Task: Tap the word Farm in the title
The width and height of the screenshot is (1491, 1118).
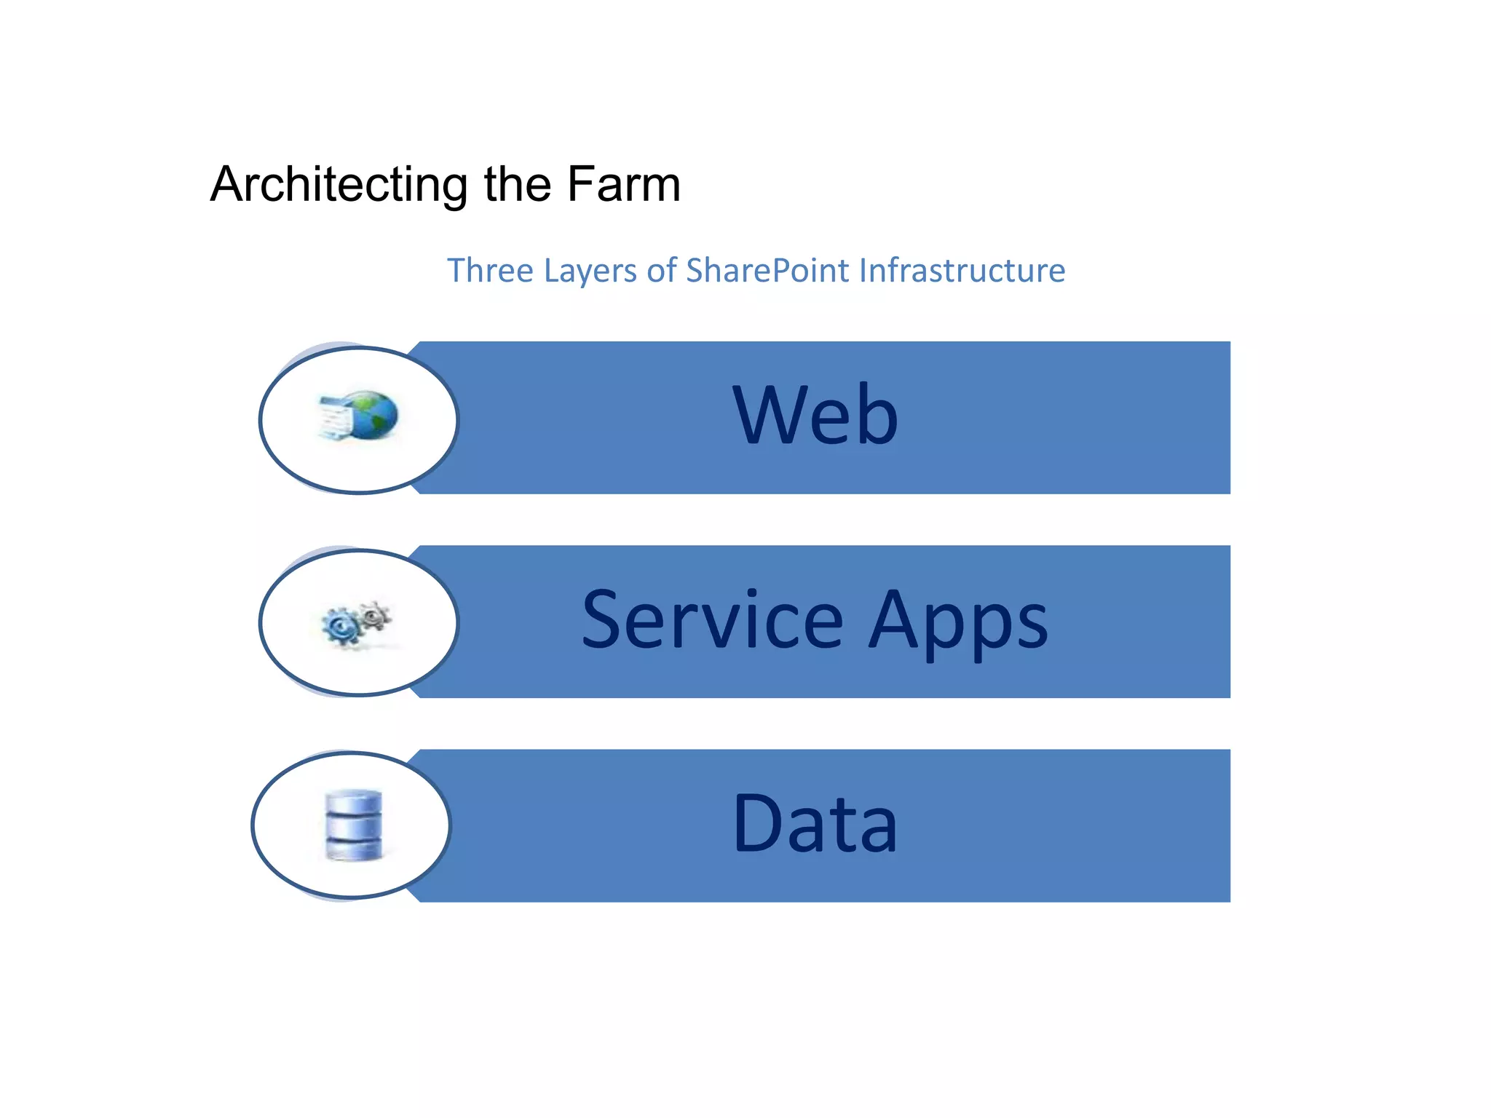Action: click(x=623, y=183)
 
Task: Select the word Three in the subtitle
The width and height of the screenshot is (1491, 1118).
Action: click(x=490, y=271)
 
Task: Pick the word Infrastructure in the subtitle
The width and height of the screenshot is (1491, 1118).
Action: click(x=962, y=271)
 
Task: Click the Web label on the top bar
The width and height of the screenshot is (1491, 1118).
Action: click(x=815, y=415)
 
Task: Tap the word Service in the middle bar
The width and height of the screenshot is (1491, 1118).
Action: click(x=713, y=620)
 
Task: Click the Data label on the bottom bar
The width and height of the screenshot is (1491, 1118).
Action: click(x=815, y=824)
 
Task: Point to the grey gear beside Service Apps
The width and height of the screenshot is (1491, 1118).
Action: click(x=375, y=616)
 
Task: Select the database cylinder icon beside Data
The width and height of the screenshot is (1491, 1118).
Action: click(x=353, y=825)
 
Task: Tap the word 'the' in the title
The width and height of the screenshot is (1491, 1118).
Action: click(x=517, y=183)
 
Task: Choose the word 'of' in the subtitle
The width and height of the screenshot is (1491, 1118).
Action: click(x=662, y=271)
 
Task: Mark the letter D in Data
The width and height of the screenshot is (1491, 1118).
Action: click(x=758, y=824)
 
